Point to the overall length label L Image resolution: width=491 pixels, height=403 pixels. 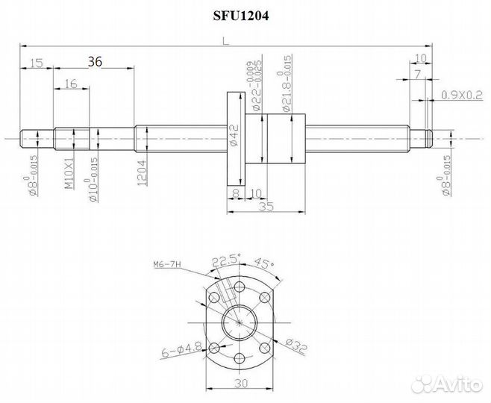pos(225,43)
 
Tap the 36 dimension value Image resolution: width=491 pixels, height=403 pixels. pos(95,63)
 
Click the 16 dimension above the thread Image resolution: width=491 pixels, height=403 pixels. pos(71,84)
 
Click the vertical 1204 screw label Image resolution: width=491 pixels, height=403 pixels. pos(143,175)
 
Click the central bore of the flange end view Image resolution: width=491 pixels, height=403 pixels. pos(239,321)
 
